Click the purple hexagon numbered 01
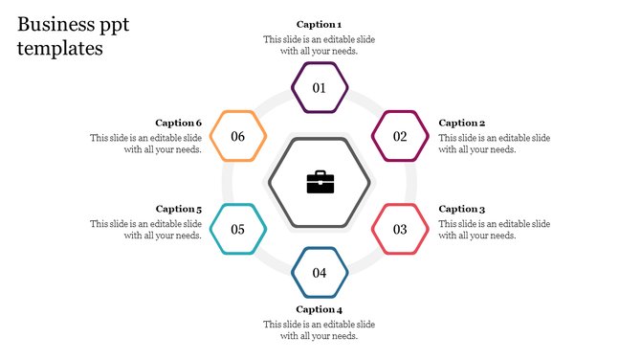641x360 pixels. point(320,88)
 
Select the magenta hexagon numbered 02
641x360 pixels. point(400,136)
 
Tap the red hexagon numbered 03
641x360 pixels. point(400,229)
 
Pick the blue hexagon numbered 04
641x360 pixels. point(320,273)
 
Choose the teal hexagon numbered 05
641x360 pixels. point(237,229)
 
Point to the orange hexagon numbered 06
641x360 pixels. point(237,136)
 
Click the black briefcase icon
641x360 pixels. point(320,182)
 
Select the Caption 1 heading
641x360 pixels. point(319,24)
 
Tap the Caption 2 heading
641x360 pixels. point(462,123)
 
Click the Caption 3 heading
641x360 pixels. point(462,209)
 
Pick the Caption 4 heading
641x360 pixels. point(319,309)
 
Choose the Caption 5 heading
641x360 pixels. point(179,209)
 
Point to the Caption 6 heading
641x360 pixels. point(179,123)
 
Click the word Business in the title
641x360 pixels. point(55,25)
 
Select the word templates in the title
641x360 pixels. point(59,49)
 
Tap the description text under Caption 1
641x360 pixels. point(320,45)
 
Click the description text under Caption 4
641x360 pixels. point(320,330)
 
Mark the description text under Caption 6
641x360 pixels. point(146,144)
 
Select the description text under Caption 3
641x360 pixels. point(495,230)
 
